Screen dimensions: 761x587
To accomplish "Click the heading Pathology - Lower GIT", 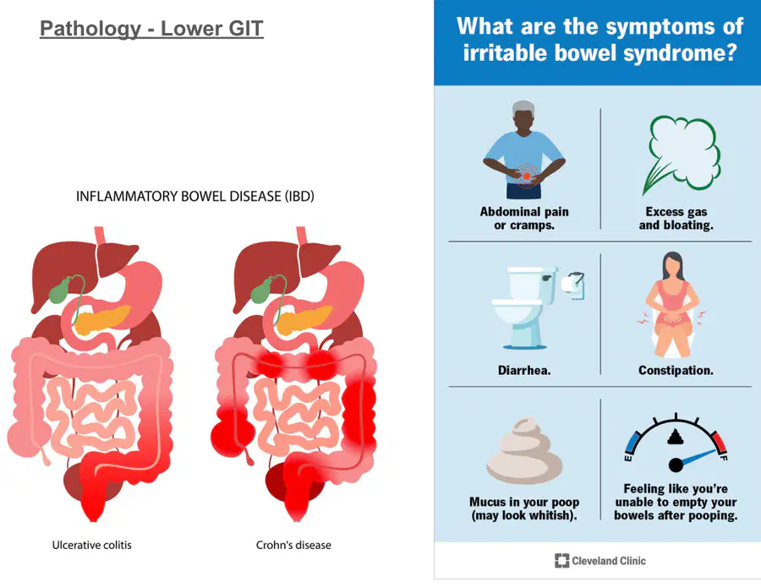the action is (x=151, y=29).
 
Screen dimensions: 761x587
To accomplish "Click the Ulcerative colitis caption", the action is (x=91, y=546).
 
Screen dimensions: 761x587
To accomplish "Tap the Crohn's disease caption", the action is (x=293, y=546).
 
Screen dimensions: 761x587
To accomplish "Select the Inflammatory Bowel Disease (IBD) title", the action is (x=195, y=196).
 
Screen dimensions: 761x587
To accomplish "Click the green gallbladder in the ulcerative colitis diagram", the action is (x=60, y=290).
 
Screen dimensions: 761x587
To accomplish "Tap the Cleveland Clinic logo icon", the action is (x=561, y=561).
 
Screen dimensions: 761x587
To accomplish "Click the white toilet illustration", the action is (x=525, y=307).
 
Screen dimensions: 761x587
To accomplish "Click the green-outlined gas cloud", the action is (x=683, y=155).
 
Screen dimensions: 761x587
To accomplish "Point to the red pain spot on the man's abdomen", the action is (x=526, y=176).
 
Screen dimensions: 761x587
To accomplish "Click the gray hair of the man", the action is (x=523, y=108).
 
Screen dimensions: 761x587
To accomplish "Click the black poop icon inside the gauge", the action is (x=676, y=438).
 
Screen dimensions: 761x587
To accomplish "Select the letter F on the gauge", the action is (x=723, y=458).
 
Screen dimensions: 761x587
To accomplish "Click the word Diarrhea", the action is (x=524, y=371).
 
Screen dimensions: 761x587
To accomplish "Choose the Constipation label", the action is (x=676, y=371).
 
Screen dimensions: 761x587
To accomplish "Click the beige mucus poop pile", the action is (x=524, y=451).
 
